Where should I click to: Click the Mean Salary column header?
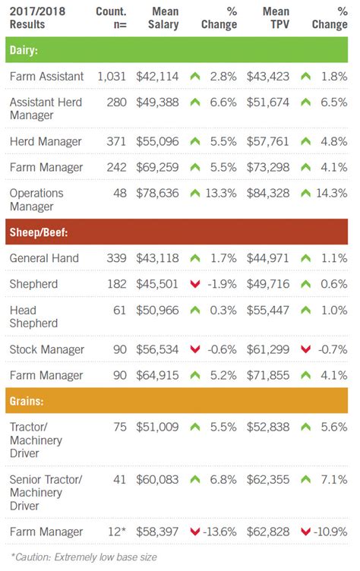pos(159,17)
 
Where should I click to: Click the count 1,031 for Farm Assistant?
pos(112,77)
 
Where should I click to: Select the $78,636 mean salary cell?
pos(158,193)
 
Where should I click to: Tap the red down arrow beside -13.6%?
pos(194,532)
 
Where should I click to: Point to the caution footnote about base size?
pos(84,557)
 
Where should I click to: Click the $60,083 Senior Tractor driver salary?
pos(158,479)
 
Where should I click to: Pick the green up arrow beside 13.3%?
pos(194,193)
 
